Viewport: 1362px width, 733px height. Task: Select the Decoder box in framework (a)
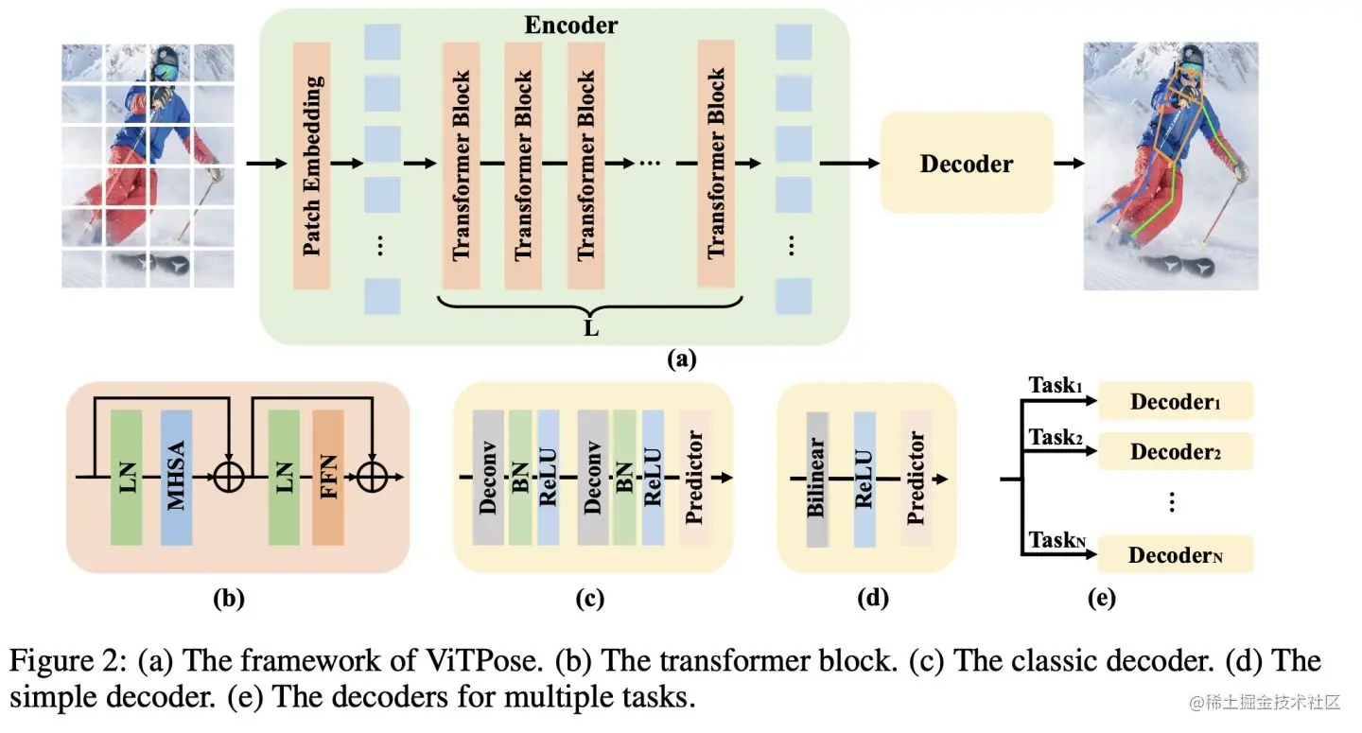[966, 163]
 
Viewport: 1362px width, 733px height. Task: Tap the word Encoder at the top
[570, 26]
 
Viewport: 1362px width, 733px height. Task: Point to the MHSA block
[176, 478]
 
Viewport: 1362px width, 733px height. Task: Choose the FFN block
[327, 478]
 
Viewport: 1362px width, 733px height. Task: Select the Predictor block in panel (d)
[915, 478]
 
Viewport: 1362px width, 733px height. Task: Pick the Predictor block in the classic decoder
[694, 478]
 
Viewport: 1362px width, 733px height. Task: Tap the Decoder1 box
[1175, 401]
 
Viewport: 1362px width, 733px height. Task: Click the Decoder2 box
[1175, 451]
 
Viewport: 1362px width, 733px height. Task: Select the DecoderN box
[1175, 554]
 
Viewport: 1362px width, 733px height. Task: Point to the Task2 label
[1055, 438]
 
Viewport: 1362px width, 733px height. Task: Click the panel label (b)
[230, 599]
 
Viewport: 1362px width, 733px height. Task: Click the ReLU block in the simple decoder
[864, 478]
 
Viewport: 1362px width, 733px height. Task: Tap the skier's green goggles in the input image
[165, 73]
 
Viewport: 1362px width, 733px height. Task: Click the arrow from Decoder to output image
[1069, 164]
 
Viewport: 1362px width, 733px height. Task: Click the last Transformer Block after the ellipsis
[716, 164]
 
